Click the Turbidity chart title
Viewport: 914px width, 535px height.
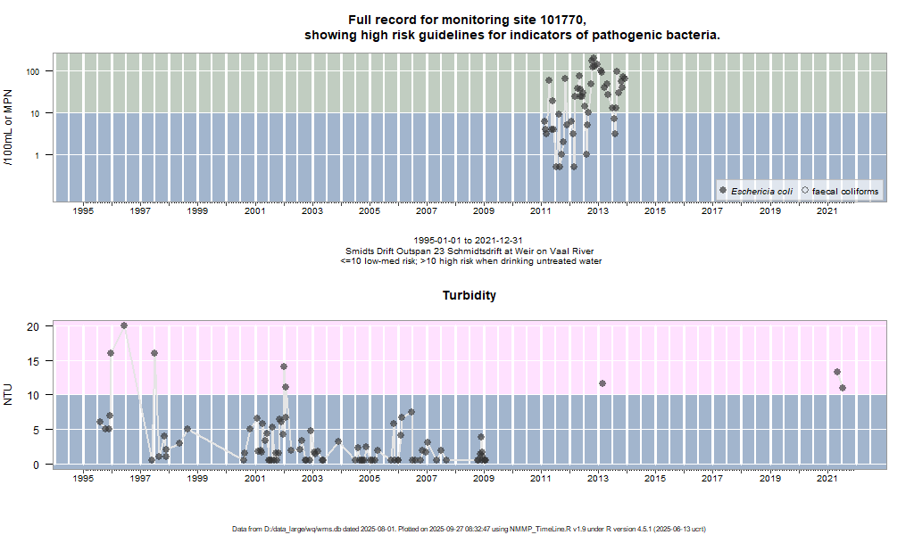point(469,295)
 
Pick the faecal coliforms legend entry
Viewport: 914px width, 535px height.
point(844,191)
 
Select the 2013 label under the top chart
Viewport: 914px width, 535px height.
point(597,211)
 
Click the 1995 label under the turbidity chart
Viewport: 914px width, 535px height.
point(83,479)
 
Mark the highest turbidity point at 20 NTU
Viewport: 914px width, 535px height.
point(124,325)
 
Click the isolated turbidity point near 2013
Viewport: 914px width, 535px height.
point(602,383)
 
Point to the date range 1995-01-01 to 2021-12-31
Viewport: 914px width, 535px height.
point(469,241)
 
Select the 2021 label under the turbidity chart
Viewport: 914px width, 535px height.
point(827,479)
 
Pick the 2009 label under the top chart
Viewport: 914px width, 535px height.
point(483,211)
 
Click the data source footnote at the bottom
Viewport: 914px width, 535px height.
point(469,529)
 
